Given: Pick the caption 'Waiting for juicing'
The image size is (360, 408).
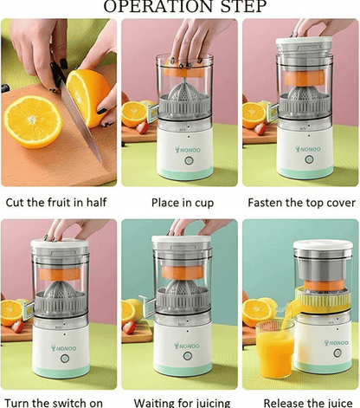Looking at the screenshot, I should point(179,401).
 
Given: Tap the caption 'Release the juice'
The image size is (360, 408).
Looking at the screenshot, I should point(300,401).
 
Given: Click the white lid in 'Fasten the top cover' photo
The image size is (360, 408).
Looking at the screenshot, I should point(304,42).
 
